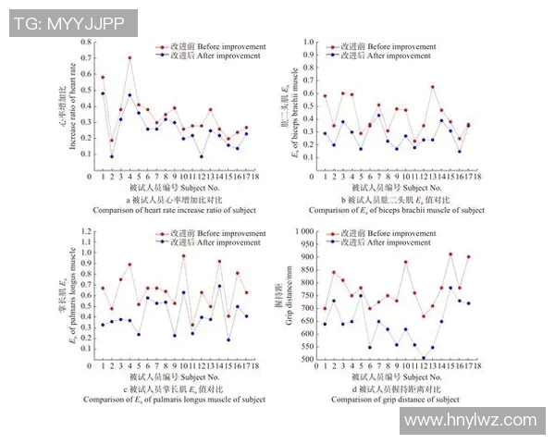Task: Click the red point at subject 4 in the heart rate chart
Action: (129, 58)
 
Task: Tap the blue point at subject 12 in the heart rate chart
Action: (202, 156)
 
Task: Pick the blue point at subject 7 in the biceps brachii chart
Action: (378, 115)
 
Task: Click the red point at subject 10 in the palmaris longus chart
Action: (184, 255)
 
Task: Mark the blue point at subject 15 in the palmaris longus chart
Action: (228, 339)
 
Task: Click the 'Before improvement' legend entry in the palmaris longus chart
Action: (215, 234)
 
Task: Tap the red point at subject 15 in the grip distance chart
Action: (450, 253)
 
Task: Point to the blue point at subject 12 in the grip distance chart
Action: (424, 358)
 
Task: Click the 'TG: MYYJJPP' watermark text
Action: (68, 24)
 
